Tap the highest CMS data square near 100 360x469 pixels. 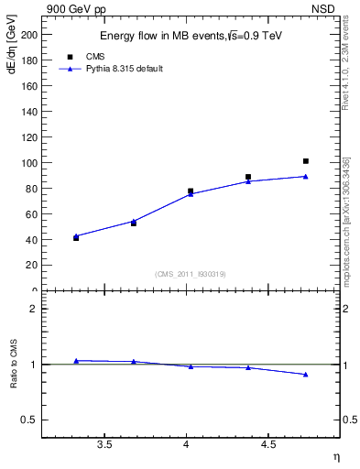(306, 161)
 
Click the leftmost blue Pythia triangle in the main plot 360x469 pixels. (76, 235)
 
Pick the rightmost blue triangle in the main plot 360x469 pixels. (306, 176)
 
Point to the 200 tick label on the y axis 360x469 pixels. (30, 35)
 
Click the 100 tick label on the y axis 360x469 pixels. (30, 163)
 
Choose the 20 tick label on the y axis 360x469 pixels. (33, 266)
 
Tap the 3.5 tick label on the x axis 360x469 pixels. (104, 445)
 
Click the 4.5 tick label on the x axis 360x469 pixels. (268, 445)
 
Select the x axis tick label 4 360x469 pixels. (187, 445)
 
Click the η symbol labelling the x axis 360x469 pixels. (335, 456)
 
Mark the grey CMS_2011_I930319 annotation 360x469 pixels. (188, 274)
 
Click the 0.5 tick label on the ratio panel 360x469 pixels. (30, 420)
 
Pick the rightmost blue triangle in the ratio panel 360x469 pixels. (306, 375)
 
